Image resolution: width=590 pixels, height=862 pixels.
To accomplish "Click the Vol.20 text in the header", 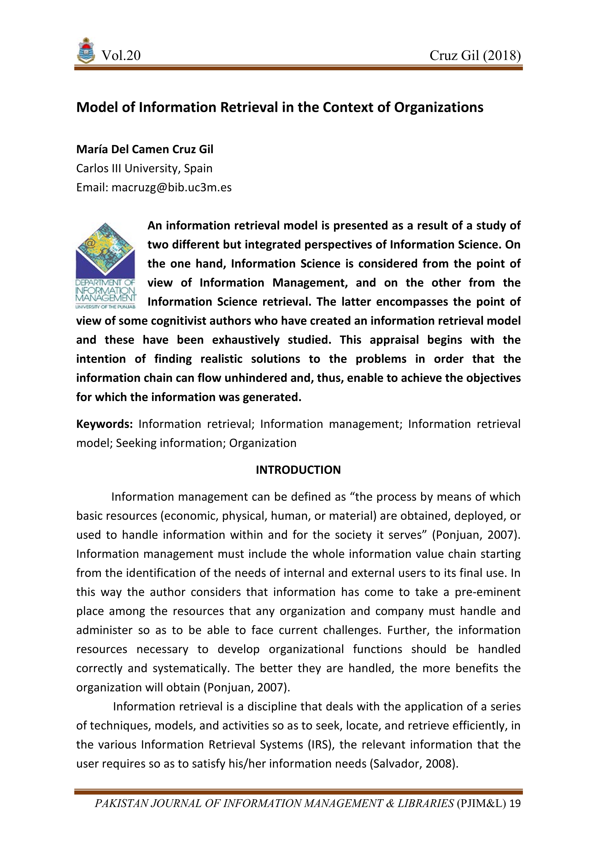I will [x=121, y=56].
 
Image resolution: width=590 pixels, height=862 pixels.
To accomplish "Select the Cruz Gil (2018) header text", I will [x=475, y=56].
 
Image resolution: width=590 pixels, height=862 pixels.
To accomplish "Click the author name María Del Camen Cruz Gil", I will [x=145, y=149].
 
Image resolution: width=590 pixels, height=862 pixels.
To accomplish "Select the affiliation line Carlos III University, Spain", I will [x=144, y=168].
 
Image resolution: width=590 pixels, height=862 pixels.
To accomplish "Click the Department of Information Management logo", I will [x=106, y=265].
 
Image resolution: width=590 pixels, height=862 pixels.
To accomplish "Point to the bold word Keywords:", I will [x=104, y=424].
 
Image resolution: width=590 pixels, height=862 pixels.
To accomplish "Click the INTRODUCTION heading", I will [x=298, y=470].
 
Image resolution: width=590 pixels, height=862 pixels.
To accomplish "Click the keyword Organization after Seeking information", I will [x=263, y=443].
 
